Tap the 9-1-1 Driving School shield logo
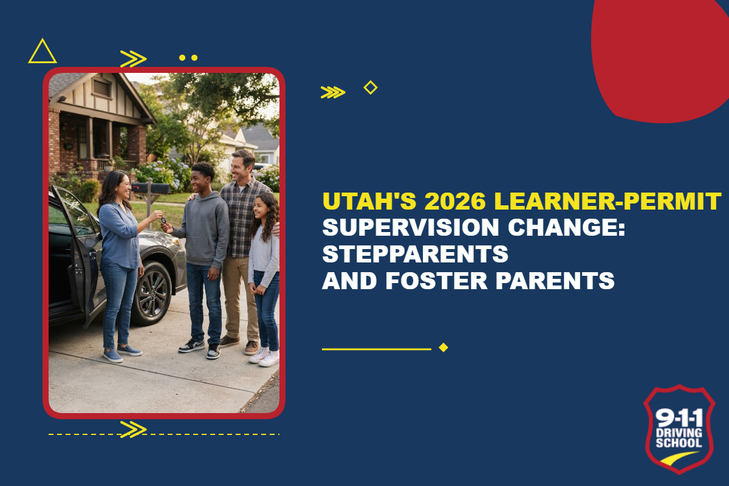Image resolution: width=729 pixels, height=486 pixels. point(679,429)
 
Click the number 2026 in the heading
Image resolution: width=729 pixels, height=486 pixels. point(455,201)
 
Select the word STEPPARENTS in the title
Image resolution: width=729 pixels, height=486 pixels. point(416,254)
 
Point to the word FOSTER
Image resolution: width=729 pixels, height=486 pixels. point(436,281)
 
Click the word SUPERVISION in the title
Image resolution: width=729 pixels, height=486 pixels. point(411,227)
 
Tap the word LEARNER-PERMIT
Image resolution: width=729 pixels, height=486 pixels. point(607,201)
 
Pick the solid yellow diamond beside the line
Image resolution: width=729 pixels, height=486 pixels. point(443,347)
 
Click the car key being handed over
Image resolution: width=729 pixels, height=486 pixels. point(163,221)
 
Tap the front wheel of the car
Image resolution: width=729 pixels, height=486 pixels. point(152,293)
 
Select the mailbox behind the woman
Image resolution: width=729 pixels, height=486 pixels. point(151,188)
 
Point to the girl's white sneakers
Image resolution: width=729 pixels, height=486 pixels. point(265,357)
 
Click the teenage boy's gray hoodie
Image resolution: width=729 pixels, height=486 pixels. point(204,228)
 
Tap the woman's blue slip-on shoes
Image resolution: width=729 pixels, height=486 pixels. point(122,353)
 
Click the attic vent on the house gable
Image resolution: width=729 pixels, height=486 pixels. point(102,88)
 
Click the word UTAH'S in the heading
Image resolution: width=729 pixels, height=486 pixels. point(370,201)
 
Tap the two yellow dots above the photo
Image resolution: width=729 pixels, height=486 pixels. point(188,58)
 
